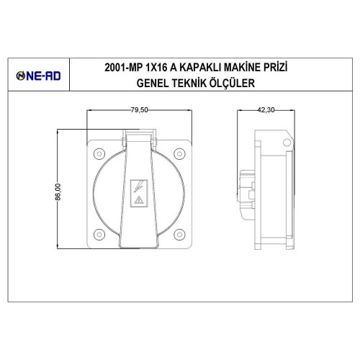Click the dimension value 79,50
point(139,110)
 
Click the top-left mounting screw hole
point(98,150)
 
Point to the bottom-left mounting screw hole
point(98,233)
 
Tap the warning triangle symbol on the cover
point(139,204)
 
